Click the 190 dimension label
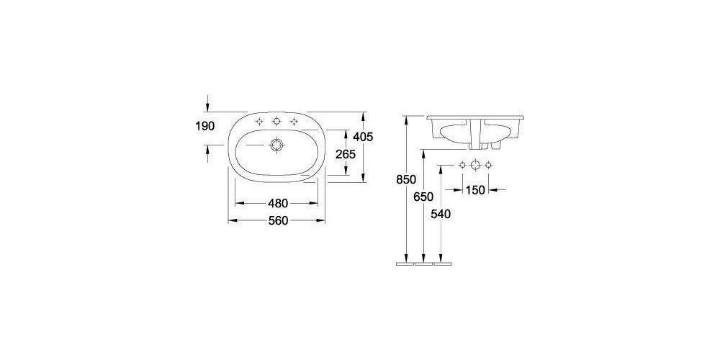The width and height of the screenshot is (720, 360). pyautogui.click(x=205, y=127)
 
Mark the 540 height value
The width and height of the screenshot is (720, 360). pyautogui.click(x=441, y=215)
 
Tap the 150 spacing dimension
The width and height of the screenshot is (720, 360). pyautogui.click(x=474, y=189)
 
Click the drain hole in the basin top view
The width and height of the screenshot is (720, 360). pyautogui.click(x=276, y=146)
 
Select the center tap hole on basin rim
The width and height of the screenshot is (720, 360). pyautogui.click(x=276, y=121)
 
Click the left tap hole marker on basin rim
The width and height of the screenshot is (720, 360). pyautogui.click(x=260, y=121)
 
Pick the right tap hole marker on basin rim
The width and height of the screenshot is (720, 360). pyautogui.click(x=293, y=121)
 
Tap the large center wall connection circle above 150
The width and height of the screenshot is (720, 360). pyautogui.click(x=474, y=166)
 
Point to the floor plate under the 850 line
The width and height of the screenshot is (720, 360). pyautogui.click(x=405, y=264)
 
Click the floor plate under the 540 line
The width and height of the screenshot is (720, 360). pyautogui.click(x=441, y=264)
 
